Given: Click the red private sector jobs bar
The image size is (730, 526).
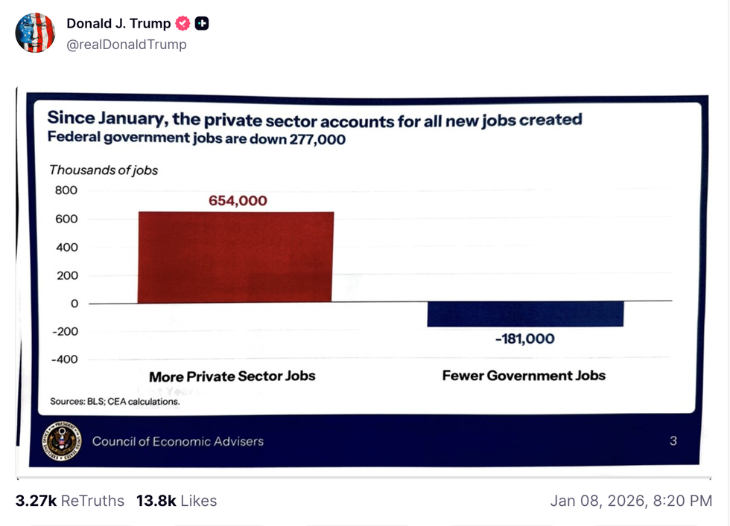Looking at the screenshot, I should tap(235, 257).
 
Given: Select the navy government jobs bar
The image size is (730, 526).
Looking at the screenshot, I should tap(525, 315).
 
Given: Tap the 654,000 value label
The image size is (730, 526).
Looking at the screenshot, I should tap(238, 201).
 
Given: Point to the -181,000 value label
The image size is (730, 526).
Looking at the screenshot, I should tap(525, 339).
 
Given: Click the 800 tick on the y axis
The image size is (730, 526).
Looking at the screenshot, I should tap(66, 190).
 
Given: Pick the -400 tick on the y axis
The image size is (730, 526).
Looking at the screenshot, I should tap(64, 359).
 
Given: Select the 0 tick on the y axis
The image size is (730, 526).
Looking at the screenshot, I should tap(74, 304).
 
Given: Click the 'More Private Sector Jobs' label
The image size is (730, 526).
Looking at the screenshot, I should tap(232, 376).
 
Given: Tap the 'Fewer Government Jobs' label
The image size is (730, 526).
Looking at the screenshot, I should tap(524, 375).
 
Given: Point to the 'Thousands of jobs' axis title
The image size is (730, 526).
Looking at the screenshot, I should tap(104, 170).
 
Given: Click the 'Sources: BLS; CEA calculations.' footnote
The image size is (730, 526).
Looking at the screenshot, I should tap(115, 402).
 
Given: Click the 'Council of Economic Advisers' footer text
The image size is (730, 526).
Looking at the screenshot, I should tap(178, 441).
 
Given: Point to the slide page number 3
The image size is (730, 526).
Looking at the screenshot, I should tap(673, 441).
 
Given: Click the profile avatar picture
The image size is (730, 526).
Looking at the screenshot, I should tap(35, 33).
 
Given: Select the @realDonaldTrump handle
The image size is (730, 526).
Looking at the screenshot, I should tap(127, 45).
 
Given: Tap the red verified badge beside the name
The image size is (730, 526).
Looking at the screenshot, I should tap(182, 24).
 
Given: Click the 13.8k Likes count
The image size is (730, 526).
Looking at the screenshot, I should tap(177, 501).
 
